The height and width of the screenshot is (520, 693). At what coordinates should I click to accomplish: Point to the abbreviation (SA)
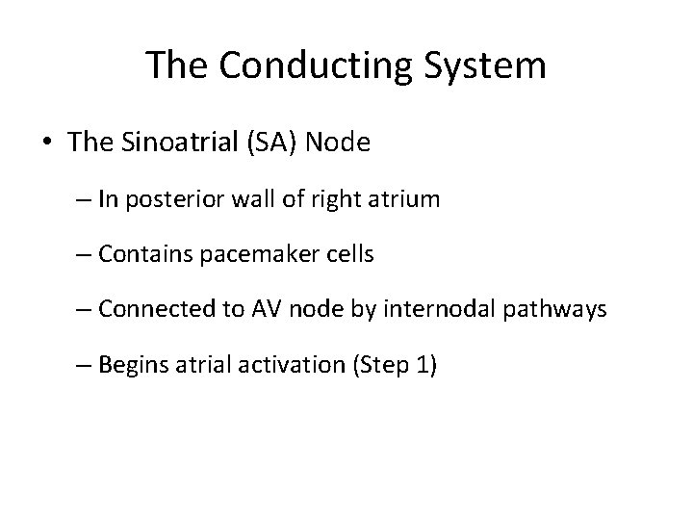click(x=271, y=144)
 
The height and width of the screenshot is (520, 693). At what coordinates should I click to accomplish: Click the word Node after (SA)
click(x=336, y=144)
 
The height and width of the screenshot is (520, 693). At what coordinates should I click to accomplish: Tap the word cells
click(x=346, y=255)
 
